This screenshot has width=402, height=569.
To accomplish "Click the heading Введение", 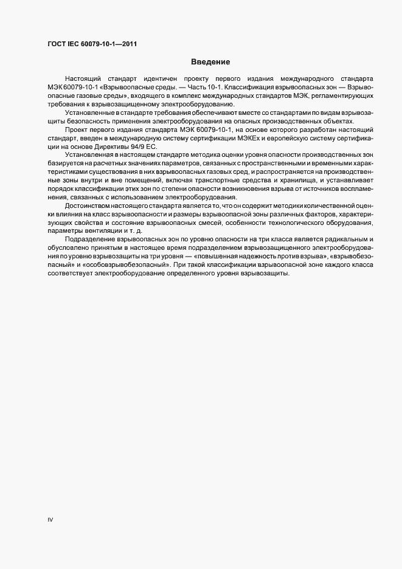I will click(x=210, y=61).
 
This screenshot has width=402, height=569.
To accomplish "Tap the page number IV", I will click(x=50, y=520).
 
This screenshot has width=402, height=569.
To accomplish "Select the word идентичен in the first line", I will click(x=157, y=79).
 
